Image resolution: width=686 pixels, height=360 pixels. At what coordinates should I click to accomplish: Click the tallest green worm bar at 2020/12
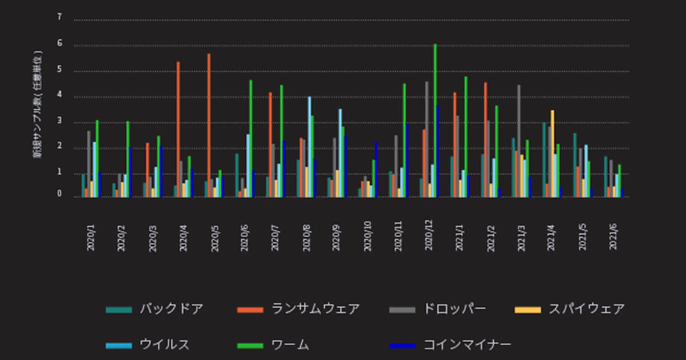435,120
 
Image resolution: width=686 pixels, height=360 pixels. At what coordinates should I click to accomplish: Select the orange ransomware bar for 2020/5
209,126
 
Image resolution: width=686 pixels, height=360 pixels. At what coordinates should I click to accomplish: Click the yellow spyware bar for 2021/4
552,154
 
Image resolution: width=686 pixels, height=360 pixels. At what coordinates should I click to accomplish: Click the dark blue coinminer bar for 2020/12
438,151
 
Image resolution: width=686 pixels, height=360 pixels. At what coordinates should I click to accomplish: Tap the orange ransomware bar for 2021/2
485,140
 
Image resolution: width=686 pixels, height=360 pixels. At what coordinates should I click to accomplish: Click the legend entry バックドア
171,309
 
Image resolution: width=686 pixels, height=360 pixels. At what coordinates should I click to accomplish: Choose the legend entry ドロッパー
454,309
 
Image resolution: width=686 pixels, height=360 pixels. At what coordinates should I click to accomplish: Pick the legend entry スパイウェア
587,309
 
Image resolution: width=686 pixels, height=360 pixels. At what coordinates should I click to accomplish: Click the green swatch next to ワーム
250,345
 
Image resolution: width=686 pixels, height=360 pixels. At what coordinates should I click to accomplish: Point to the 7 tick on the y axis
59,17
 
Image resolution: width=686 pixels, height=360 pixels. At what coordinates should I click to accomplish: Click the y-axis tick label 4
59,96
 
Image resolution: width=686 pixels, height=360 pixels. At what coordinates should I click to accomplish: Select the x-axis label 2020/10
367,236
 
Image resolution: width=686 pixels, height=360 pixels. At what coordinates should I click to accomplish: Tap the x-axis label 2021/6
613,236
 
